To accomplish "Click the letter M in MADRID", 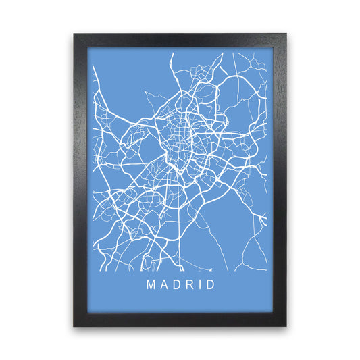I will click(x=150, y=284).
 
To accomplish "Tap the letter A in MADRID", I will click(x=164, y=284).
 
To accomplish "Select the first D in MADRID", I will click(x=177, y=284).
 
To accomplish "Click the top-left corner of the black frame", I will click(x=74, y=34).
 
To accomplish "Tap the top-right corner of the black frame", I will click(x=286, y=34).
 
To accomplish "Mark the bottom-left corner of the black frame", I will click(x=74, y=326).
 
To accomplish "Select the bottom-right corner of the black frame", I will click(x=286, y=326).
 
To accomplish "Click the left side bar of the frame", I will click(x=80, y=180).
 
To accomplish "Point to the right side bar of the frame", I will click(x=280, y=180).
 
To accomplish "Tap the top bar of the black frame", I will click(x=180, y=40).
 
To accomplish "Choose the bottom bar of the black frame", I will click(x=180, y=319).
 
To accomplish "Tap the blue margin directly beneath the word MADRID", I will click(x=180, y=303).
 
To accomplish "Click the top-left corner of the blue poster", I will click(x=87, y=47).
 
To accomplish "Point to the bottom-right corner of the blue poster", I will click(x=273, y=313).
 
